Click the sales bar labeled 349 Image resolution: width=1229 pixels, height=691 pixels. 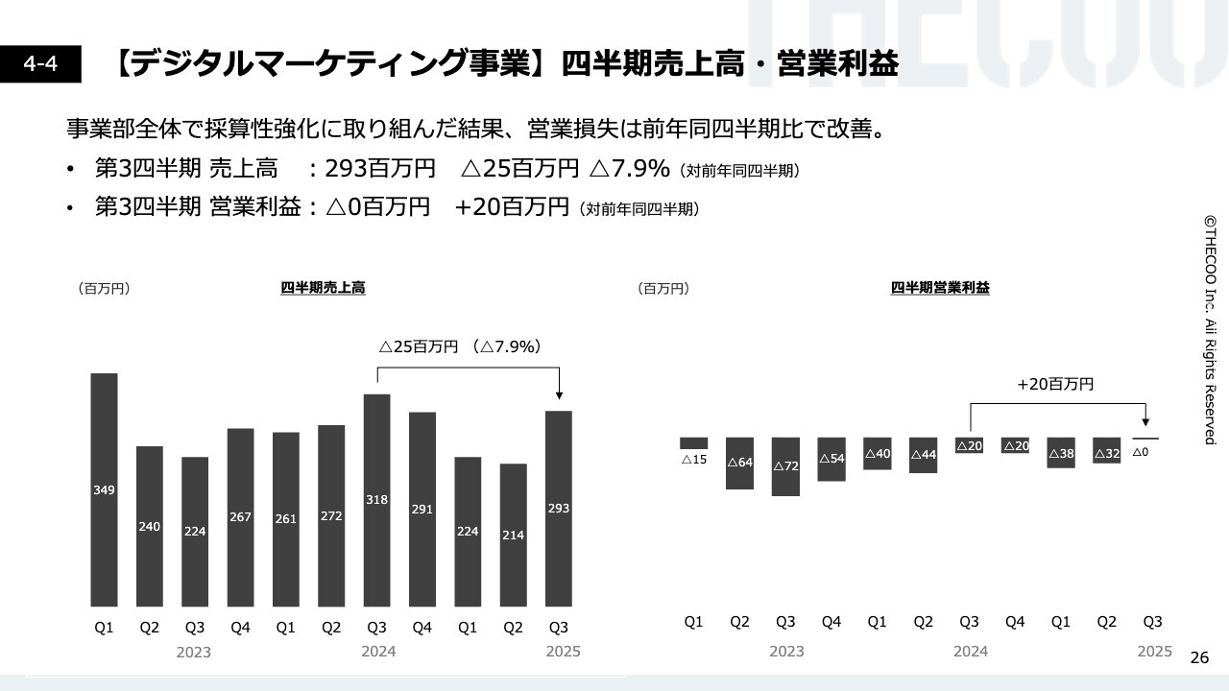104,489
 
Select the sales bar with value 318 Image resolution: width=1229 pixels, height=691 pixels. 376,499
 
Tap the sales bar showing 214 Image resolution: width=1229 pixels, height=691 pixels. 513,535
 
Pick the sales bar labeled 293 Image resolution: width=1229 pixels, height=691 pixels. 558,509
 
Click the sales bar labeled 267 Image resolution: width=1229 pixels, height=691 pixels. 240,517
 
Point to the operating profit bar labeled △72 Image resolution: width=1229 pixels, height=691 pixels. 785,466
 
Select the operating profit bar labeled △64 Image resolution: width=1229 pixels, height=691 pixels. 739,463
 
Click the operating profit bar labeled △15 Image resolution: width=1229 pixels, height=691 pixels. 693,443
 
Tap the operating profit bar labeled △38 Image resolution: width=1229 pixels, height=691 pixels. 1061,452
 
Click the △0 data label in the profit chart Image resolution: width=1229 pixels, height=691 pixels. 1141,452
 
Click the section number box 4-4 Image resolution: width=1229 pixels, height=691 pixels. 40,64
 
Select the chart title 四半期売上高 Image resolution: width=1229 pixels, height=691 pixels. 323,288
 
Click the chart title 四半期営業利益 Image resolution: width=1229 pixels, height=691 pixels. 940,288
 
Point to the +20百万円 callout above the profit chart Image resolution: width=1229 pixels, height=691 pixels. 1055,384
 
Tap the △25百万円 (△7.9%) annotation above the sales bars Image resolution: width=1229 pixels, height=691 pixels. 460,346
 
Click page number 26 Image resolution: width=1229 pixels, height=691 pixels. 1199,657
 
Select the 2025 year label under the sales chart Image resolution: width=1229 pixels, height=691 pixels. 563,652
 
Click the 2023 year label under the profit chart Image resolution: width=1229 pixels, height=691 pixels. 786,652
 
